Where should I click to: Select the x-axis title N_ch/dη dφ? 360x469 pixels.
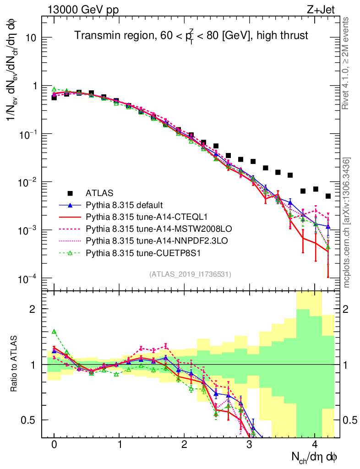315,457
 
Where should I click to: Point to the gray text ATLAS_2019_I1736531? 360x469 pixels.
190,274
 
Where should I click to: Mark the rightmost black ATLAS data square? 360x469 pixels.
328,196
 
